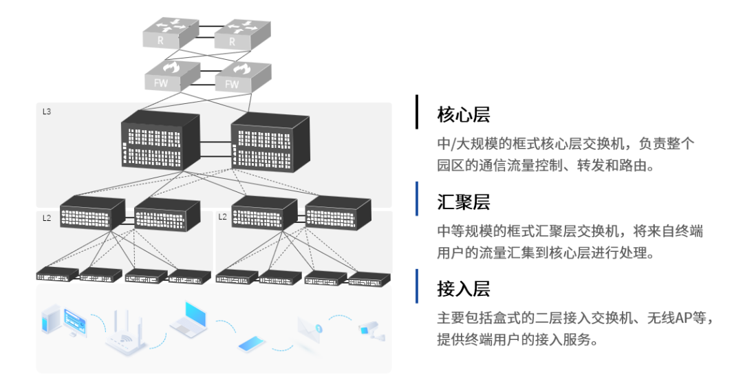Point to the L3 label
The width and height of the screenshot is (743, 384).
[47, 111]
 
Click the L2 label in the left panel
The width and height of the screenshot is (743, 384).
[47, 217]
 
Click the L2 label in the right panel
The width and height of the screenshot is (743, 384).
[222, 217]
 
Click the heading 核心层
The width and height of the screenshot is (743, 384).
[463, 114]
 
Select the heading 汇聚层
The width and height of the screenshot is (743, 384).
[463, 202]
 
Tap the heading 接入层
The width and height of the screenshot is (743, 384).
[463, 289]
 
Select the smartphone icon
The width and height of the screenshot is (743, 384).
[257, 343]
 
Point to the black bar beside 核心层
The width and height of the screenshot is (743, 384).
[416, 111]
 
